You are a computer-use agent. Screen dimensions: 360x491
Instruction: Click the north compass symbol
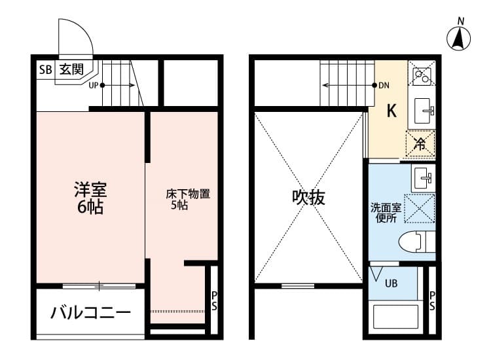tap(460, 39)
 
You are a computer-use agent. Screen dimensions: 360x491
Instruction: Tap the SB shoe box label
tap(45, 69)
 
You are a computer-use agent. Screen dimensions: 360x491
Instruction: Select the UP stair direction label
tap(93, 85)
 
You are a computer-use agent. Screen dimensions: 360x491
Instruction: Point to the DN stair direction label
tap(385, 85)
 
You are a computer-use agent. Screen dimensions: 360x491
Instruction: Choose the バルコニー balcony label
tap(91, 312)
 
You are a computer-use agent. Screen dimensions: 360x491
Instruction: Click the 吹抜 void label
tap(308, 197)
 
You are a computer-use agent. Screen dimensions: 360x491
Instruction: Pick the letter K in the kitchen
tap(391, 111)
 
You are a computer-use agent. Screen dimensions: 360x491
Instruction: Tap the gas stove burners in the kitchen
tap(420, 76)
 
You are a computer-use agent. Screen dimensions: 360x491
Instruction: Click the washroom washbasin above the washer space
tap(422, 176)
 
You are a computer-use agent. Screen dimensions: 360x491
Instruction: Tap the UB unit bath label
tap(391, 283)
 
